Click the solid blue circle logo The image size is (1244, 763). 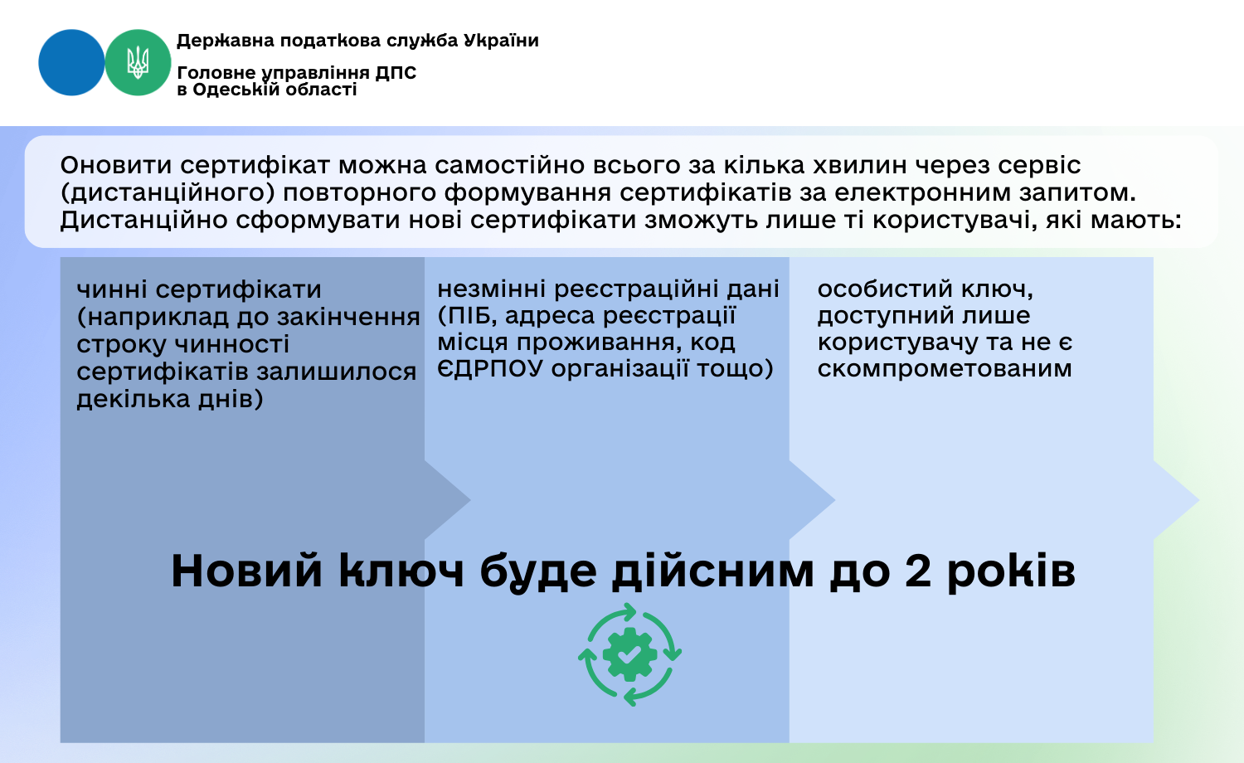coord(71,62)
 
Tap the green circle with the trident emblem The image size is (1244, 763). coord(138,62)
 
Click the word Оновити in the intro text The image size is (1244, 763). coord(116,165)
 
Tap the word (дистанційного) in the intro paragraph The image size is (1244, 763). coord(168,193)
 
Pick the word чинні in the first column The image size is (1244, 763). coord(112,290)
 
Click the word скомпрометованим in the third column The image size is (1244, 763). coord(945,369)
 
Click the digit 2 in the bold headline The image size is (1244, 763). coord(917,571)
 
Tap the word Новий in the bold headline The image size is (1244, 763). coord(246,571)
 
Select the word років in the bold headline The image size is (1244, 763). coord(1011,572)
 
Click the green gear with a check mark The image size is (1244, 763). coord(629,654)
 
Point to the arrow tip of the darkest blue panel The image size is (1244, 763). coord(470,500)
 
